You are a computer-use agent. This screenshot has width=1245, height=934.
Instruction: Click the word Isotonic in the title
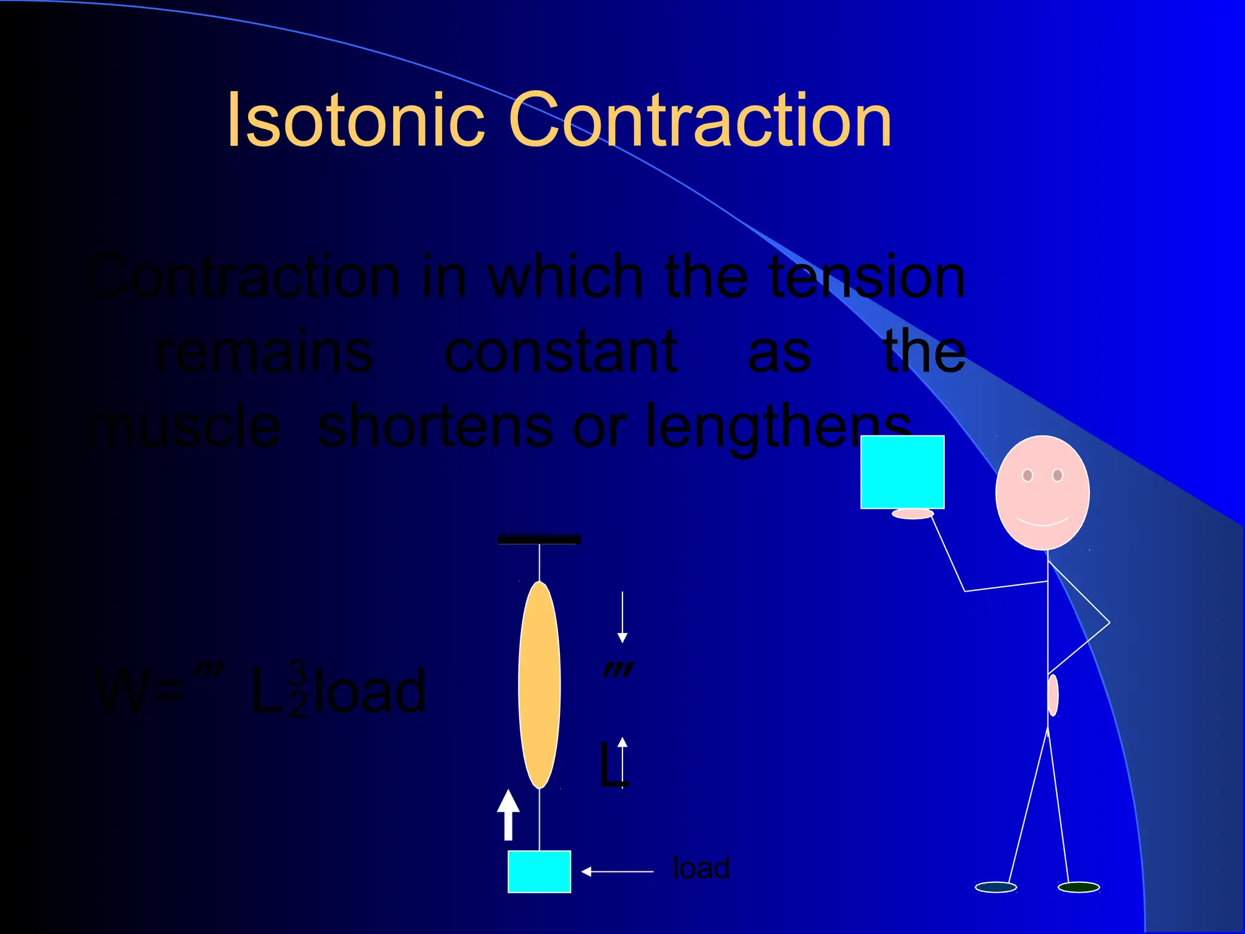355,120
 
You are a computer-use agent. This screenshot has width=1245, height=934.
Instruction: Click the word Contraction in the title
699,120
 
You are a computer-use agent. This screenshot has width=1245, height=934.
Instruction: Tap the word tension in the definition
867,277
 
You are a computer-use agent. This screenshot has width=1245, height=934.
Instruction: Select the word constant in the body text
560,353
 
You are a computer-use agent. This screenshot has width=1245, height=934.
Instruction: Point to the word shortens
435,427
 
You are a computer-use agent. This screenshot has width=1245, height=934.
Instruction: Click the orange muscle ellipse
539,685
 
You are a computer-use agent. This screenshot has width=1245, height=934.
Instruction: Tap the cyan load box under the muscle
539,871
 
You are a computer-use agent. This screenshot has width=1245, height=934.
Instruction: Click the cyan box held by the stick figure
902,472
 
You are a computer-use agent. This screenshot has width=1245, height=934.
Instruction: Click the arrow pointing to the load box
616,871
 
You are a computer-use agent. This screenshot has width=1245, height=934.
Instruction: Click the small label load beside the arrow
701,868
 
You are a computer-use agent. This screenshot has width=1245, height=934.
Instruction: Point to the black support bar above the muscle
539,539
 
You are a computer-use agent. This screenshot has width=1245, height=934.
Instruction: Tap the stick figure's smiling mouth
1043,522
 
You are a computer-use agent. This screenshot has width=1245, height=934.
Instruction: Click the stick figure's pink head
1043,493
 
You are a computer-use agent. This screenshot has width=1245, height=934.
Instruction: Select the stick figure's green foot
1078,887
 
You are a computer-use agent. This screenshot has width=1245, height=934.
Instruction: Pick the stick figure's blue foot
996,887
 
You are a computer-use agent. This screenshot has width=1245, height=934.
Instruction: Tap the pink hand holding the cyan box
912,514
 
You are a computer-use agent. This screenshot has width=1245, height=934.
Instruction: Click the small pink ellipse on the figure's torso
1053,695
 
